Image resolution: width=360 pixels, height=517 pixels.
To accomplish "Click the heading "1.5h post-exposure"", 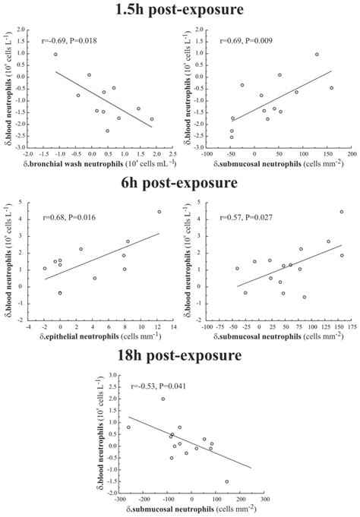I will [x=180, y=10].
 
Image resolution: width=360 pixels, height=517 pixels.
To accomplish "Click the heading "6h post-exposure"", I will [x=180, y=183].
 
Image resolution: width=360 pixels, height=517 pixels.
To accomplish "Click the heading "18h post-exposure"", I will [x=180, y=355].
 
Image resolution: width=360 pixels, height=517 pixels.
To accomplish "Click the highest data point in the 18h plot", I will [x=163, y=399].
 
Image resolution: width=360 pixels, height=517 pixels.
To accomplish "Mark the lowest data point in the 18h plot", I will [x=226, y=481].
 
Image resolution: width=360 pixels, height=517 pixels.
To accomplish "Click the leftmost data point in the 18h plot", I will [x=128, y=427].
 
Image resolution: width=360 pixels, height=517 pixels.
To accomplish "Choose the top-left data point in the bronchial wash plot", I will [x=55, y=55].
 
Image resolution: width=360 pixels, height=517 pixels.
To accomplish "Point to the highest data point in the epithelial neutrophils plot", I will [x=159, y=212].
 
